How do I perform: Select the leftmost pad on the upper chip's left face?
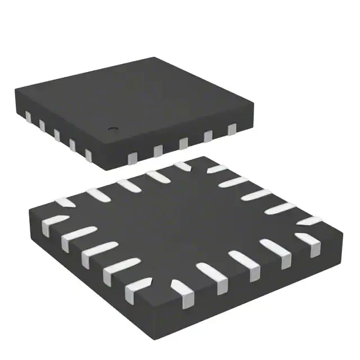[x=28, y=116]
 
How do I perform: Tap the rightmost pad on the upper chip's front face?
[x=232, y=130]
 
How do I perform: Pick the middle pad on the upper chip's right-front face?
[x=183, y=143]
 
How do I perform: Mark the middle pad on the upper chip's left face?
[x=57, y=134]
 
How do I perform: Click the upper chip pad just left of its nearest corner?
[x=88, y=154]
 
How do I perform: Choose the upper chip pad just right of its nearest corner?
[x=133, y=155]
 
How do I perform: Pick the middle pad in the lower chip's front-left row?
[x=93, y=254]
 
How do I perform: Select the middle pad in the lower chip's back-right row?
[x=261, y=195]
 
